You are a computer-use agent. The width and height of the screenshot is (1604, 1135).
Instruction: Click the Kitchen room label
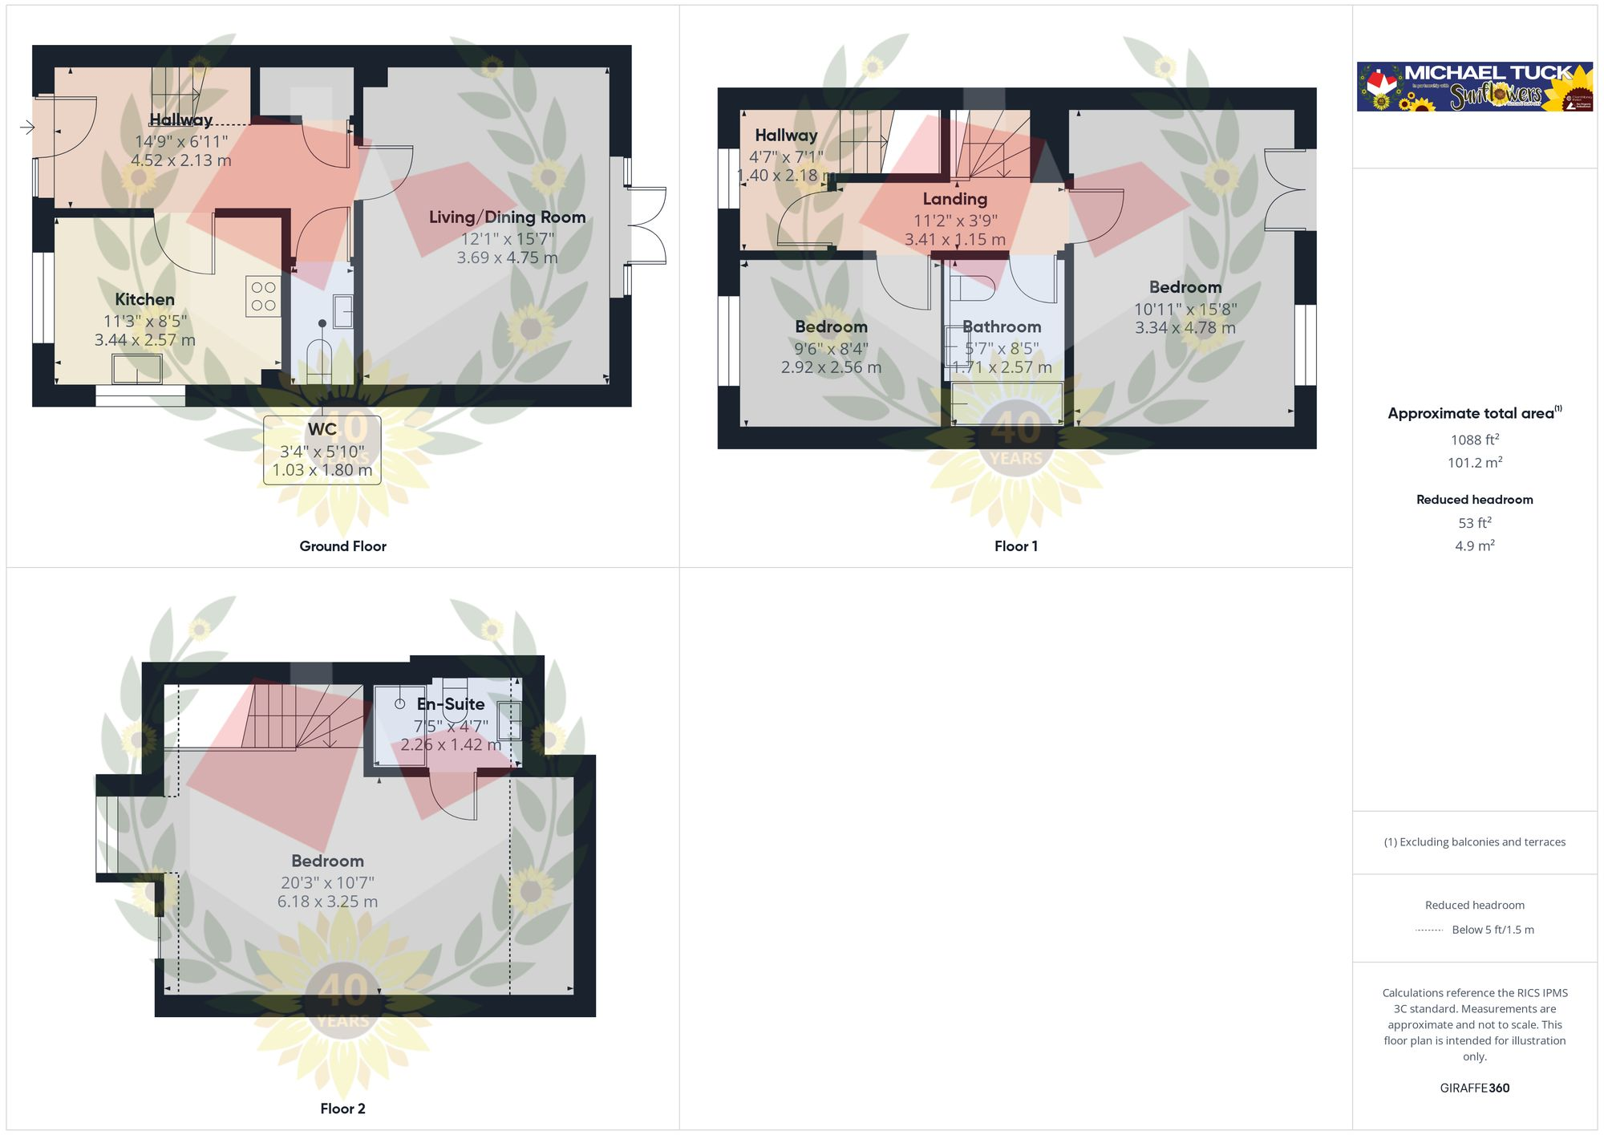click(144, 300)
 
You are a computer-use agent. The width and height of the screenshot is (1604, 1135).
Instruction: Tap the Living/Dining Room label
click(507, 217)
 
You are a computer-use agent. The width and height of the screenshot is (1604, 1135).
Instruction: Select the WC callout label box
click(322, 449)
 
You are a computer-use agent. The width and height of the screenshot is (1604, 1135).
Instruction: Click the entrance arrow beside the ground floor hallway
click(27, 127)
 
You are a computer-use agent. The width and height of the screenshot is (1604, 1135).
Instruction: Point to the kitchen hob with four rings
click(263, 296)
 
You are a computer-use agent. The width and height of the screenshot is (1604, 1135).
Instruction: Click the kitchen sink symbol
click(137, 369)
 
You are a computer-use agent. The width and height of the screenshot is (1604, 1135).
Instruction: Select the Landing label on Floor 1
click(954, 199)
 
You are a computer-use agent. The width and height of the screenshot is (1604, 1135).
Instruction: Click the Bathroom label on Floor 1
click(1002, 327)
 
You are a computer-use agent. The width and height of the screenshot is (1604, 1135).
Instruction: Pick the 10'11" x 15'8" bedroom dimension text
click(1185, 309)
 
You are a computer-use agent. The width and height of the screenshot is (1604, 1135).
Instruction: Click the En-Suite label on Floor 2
click(451, 704)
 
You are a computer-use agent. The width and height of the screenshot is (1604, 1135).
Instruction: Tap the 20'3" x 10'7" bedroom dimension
click(327, 882)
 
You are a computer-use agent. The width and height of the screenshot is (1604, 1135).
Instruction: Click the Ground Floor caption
click(342, 546)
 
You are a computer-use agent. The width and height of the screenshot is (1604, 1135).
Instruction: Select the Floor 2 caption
click(342, 1109)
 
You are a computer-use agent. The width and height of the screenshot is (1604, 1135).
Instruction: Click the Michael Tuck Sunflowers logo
click(1474, 87)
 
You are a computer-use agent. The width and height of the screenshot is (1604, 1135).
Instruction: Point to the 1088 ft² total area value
click(1474, 440)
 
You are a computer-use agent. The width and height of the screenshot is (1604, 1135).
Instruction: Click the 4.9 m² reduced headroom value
click(1474, 546)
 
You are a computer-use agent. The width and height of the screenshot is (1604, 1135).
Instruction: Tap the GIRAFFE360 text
click(1474, 1088)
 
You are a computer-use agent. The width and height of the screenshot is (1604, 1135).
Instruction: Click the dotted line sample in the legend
click(1429, 930)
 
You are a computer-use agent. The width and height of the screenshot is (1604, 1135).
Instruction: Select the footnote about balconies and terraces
click(1474, 842)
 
